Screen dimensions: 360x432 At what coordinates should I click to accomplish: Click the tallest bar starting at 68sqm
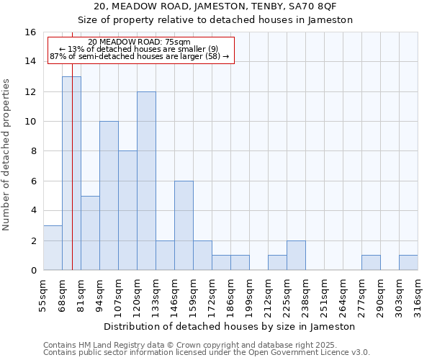(x=71, y=173)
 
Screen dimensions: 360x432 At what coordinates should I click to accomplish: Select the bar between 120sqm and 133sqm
(x=146, y=181)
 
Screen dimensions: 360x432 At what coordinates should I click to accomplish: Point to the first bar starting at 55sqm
(x=53, y=248)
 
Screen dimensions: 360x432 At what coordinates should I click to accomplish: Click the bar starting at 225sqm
(x=296, y=256)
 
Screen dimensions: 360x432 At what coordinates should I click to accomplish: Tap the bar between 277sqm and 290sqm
(x=371, y=263)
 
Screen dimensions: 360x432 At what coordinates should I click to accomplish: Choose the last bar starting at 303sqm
(x=408, y=263)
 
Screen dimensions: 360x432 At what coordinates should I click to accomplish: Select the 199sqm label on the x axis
(x=248, y=296)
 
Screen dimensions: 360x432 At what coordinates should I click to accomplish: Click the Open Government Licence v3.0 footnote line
(x=207, y=352)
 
